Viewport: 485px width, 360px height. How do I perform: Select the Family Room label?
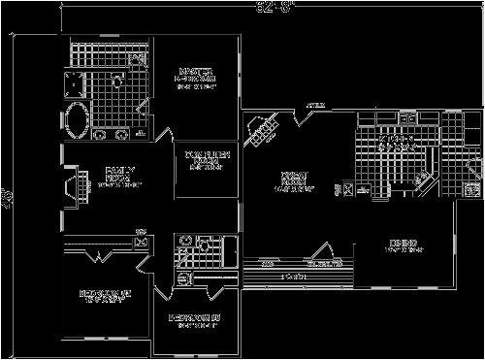click(x=118, y=178)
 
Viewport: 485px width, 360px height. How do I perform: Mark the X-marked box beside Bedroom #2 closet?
click(x=142, y=243)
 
